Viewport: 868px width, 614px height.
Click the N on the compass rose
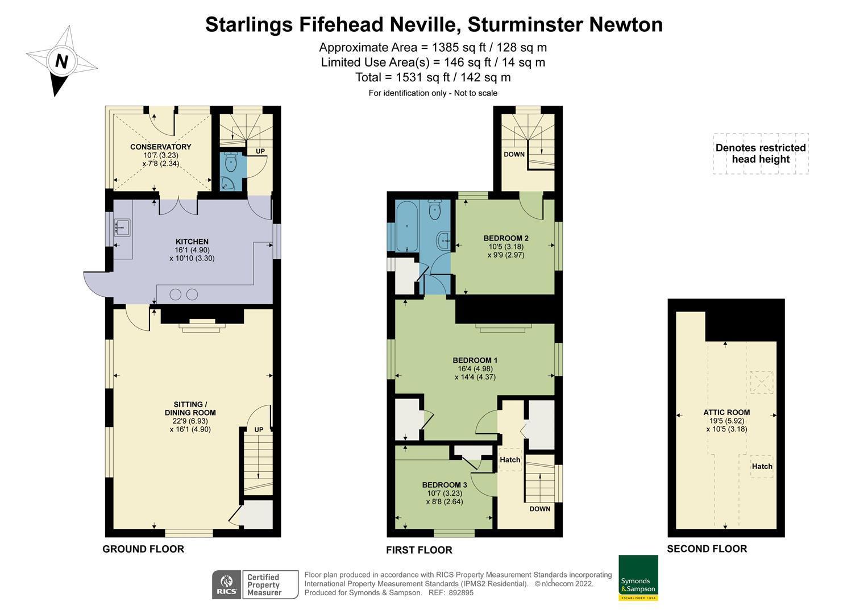(x=61, y=61)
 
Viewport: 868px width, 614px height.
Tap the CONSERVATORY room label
(x=160, y=147)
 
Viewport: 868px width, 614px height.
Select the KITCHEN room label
(x=192, y=242)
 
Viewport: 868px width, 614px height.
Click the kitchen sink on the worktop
(x=122, y=228)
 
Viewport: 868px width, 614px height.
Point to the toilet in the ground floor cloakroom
(x=231, y=163)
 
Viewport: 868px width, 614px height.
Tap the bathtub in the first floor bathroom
(x=406, y=226)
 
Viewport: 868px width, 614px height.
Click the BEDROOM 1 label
(x=475, y=360)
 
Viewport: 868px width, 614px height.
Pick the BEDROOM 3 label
(x=444, y=485)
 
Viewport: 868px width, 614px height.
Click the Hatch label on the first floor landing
(x=510, y=459)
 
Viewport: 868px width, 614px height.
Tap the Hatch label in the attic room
(x=762, y=466)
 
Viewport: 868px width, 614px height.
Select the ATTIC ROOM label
(x=726, y=413)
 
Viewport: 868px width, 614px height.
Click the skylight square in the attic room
(x=761, y=382)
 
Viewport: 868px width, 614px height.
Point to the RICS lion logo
(x=226, y=584)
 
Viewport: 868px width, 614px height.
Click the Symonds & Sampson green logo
(x=638, y=578)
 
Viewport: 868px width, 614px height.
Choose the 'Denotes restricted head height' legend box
(x=760, y=153)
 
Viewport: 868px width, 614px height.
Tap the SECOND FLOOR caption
(x=707, y=549)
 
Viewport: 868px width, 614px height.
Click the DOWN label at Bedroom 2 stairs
(x=514, y=154)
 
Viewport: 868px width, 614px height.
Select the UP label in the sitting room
(x=259, y=430)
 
